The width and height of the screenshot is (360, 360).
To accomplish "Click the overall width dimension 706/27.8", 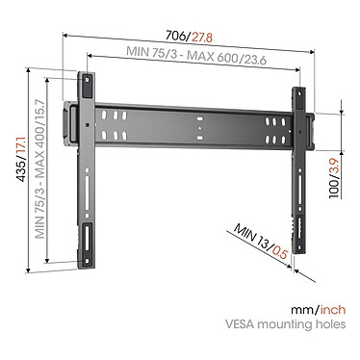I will (x=179, y=36).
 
